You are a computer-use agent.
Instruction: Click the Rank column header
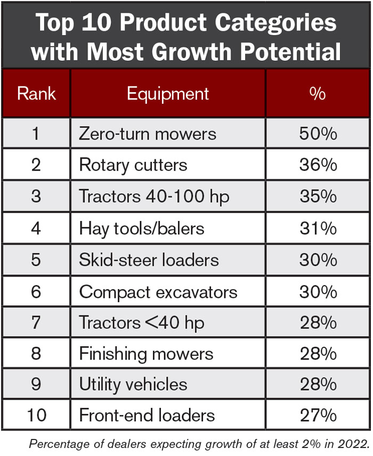tap(36, 94)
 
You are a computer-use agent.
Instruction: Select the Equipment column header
tap(168, 94)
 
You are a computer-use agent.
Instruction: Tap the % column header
tap(318, 94)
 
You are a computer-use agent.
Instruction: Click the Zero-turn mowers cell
tap(148, 133)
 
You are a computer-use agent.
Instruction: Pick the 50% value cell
tap(318, 133)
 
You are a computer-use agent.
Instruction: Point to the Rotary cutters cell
tap(133, 165)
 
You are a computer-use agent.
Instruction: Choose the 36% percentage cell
tap(318, 165)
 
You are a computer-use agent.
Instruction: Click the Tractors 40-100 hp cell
tap(154, 196)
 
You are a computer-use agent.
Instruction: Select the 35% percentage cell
tap(318, 196)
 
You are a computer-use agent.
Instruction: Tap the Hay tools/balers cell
tap(142, 228)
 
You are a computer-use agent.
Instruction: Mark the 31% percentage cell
tap(318, 228)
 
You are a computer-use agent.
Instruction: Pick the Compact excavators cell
tap(158, 291)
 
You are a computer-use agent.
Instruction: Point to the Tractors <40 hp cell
tap(142, 322)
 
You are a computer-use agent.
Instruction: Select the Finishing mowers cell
tap(146, 354)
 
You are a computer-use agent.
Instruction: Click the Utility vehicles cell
tap(133, 384)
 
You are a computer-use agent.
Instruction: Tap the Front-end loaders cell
tap(147, 415)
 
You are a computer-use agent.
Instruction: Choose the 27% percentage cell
tap(318, 415)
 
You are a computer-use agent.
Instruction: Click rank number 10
tap(36, 415)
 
